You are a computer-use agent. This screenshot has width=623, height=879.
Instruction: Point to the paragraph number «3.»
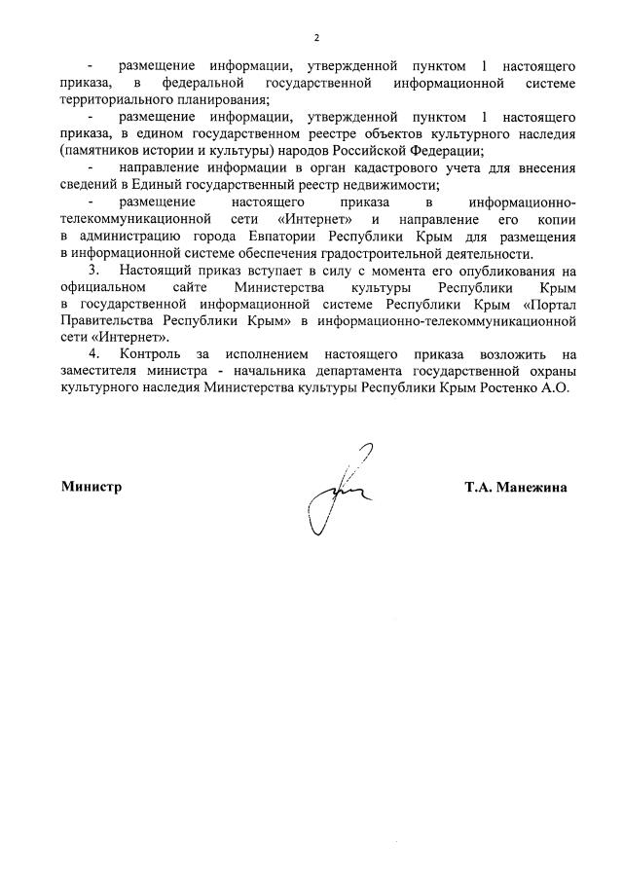click(93, 270)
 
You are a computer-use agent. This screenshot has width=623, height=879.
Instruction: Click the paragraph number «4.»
click(93, 354)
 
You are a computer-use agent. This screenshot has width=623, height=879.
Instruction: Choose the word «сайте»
click(194, 287)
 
